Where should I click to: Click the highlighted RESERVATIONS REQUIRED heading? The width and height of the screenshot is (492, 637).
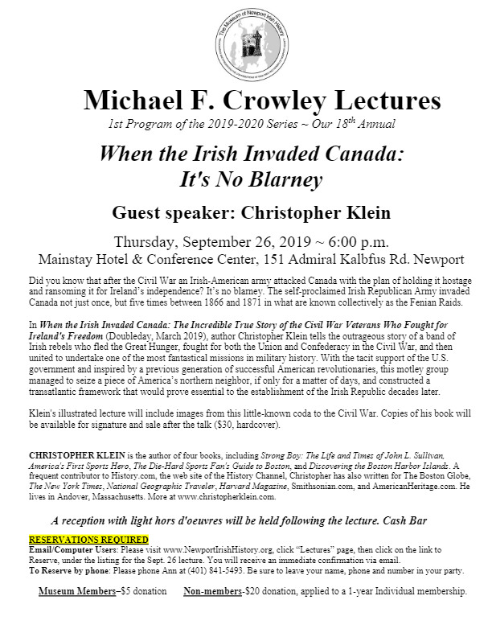88,516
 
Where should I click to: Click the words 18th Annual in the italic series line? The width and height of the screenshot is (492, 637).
364,125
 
